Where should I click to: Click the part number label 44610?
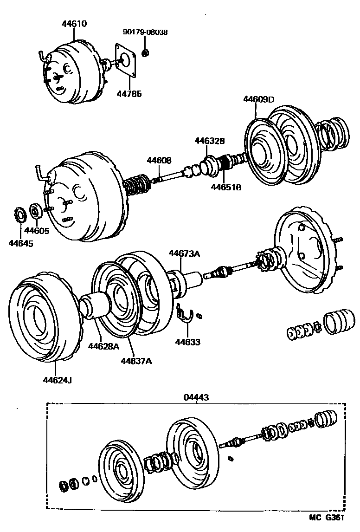click(74, 23)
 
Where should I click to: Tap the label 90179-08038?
click(145, 32)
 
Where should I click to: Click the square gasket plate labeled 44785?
click(127, 60)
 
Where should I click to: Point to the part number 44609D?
click(259, 99)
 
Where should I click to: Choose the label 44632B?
click(209, 140)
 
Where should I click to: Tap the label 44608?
click(159, 160)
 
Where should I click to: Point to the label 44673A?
click(184, 253)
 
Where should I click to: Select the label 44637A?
click(136, 360)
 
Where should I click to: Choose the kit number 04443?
click(196, 397)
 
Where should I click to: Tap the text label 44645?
click(20, 242)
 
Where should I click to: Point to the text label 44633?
click(188, 342)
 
